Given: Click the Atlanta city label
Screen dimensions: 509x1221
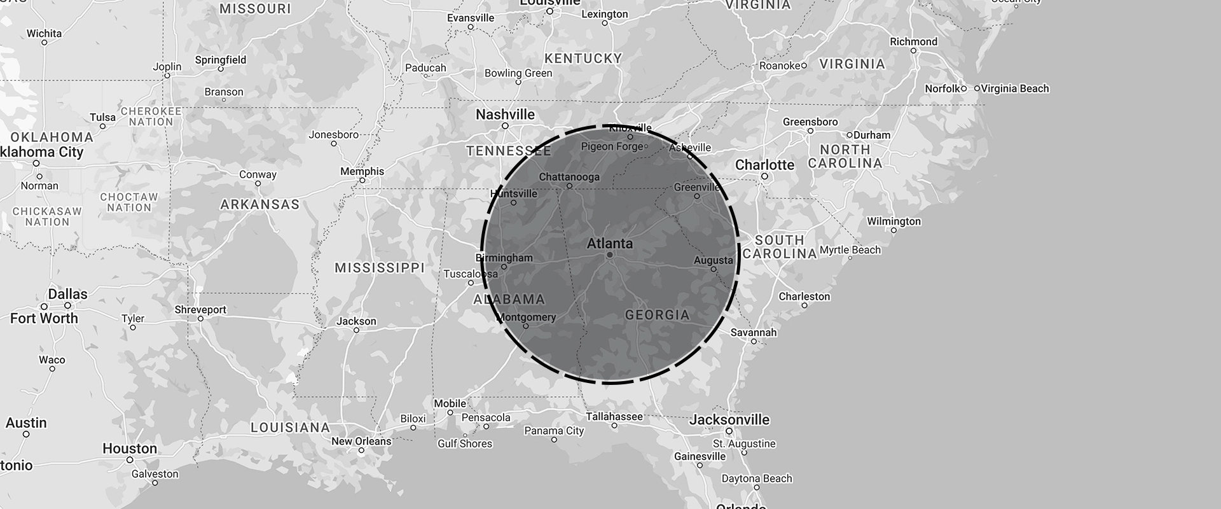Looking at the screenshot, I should tap(609, 244).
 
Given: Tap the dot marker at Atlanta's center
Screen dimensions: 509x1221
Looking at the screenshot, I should tap(609, 254).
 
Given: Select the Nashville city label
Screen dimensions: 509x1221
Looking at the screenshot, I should tap(505, 115).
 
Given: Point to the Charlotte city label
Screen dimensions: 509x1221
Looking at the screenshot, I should tap(764, 165).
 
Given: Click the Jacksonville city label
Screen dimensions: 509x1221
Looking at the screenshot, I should tap(729, 419).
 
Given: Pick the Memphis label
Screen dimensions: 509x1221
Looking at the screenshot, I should tap(362, 171).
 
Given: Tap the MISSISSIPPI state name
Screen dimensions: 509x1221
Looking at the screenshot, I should tap(380, 268).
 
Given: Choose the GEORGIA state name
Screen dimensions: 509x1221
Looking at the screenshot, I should tap(657, 315).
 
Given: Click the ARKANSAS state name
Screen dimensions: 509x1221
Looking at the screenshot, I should tap(259, 204).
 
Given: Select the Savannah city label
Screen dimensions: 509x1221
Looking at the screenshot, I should tap(753, 332).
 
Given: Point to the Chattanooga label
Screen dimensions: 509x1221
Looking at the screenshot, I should tap(569, 177).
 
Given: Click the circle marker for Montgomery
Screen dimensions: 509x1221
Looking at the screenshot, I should tap(525, 326).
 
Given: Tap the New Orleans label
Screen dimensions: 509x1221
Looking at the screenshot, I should tap(361, 441).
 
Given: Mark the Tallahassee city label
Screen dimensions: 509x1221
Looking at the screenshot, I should tap(614, 417).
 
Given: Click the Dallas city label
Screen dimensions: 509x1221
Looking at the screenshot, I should tap(67, 294).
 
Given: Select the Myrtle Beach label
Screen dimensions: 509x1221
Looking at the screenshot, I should tap(850, 250).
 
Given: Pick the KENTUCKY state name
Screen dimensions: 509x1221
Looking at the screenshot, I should tap(583, 59).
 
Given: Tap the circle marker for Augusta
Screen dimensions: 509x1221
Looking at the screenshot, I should tap(713, 269).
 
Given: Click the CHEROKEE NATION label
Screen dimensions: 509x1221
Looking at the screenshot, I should tap(151, 116).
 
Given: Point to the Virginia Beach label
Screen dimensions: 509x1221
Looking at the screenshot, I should tap(1015, 88).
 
